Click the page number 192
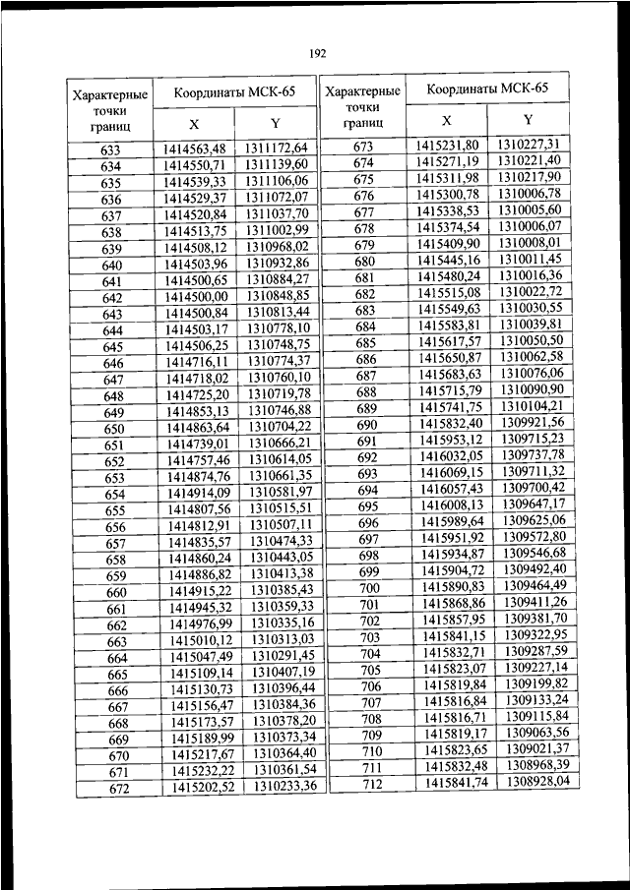(x=316, y=53)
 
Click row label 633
(x=110, y=150)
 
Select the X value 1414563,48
(x=195, y=148)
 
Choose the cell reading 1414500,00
(x=196, y=296)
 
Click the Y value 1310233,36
(x=284, y=787)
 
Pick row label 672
(x=118, y=789)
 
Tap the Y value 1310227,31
(x=528, y=144)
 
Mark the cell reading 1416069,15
(x=453, y=473)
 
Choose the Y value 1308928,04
(x=539, y=781)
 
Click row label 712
(x=371, y=783)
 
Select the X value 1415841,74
(x=458, y=782)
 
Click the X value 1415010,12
(x=203, y=640)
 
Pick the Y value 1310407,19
(x=283, y=674)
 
